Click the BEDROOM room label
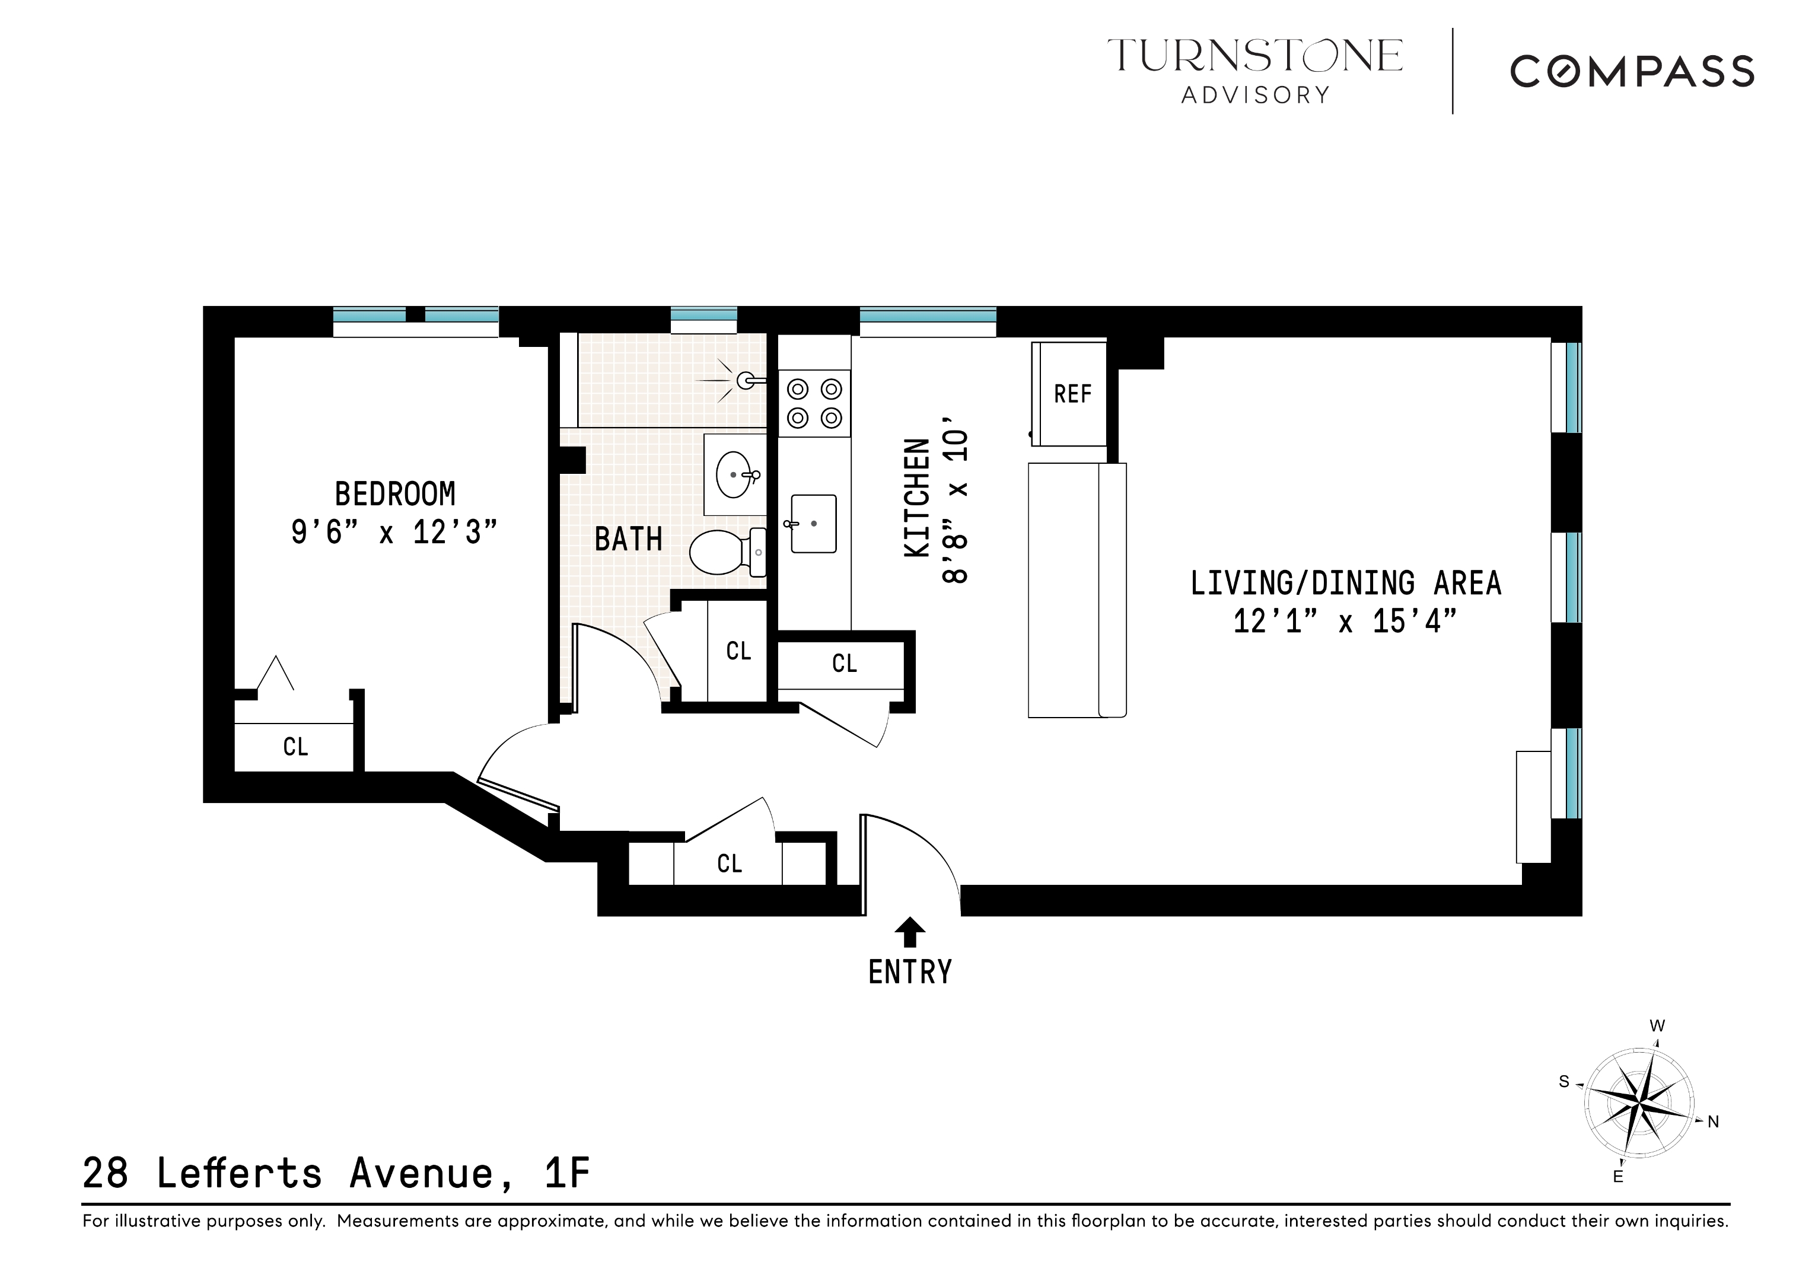[394, 494]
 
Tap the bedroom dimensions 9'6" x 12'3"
[394, 533]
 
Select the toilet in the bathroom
[724, 552]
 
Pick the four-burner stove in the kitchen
[814, 403]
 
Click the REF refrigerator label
[1072, 394]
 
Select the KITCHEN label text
[917, 499]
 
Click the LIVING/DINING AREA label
[1345, 584]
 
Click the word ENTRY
[909, 973]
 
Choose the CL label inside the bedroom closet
[295, 747]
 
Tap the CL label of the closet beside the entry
[729, 863]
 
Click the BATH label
[628, 540]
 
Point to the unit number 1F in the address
[566, 1174]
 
